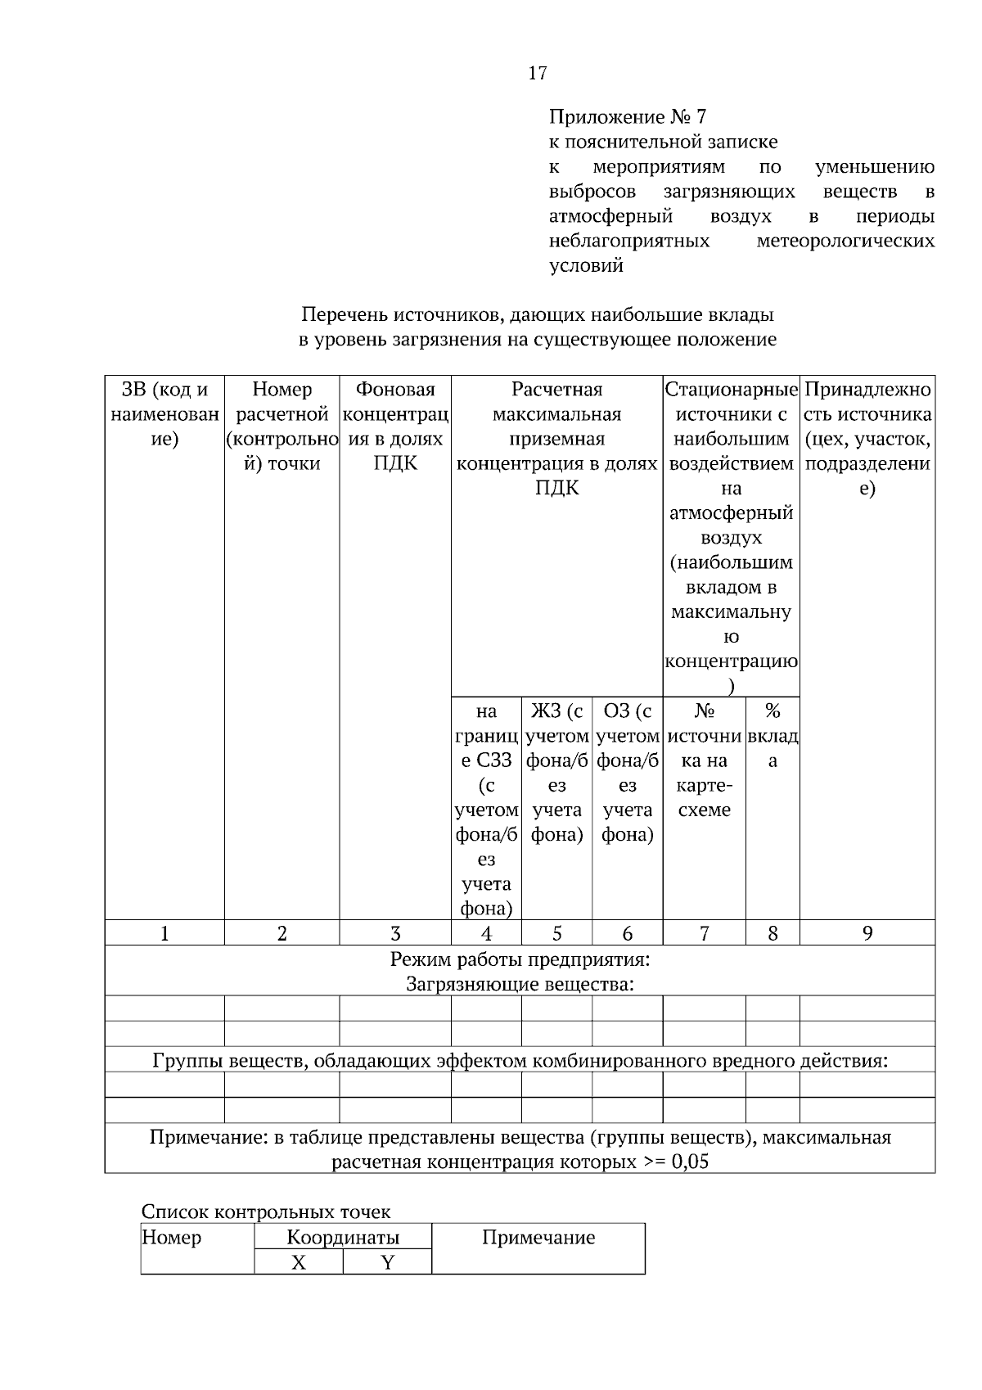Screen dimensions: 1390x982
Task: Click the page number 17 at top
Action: (x=537, y=74)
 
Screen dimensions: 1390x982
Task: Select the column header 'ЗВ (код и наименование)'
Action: (x=164, y=414)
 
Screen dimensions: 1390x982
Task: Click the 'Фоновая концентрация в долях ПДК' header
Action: (x=395, y=426)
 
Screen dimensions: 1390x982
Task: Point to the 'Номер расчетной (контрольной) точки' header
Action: (x=282, y=426)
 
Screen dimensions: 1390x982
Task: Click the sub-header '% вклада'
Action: (x=772, y=736)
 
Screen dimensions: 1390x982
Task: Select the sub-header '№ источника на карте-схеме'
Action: (x=704, y=760)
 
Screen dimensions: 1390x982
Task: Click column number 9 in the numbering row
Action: (x=867, y=933)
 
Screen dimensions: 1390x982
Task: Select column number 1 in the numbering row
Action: (x=164, y=933)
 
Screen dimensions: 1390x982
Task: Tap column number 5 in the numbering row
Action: (x=556, y=933)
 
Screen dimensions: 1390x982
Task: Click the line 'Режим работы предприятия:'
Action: (x=520, y=959)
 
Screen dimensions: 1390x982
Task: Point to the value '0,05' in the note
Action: (x=689, y=1162)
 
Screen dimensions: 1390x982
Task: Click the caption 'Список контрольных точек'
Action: (x=266, y=1212)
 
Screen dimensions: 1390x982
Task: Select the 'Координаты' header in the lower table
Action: (x=343, y=1237)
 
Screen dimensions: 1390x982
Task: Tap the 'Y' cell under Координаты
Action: (x=387, y=1263)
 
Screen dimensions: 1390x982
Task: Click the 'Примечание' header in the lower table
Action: (x=538, y=1238)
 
